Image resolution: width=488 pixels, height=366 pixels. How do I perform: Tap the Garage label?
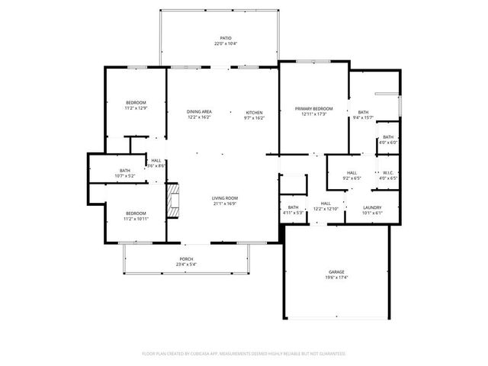click(337, 272)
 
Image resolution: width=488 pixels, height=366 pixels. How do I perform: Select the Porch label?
click(187, 259)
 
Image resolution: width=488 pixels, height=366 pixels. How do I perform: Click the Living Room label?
click(225, 198)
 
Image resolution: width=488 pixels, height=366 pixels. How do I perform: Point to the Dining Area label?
click(199, 112)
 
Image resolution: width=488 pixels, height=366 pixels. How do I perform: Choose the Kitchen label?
click(254, 112)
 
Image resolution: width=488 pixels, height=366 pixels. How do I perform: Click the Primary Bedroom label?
click(314, 109)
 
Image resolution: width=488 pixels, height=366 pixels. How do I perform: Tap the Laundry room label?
click(372, 207)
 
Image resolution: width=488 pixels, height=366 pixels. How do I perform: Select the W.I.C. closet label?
click(388, 172)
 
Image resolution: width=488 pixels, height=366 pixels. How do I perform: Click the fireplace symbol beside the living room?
click(174, 200)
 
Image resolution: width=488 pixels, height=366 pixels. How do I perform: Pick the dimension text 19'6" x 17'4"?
click(337, 278)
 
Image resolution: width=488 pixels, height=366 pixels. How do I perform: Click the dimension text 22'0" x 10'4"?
click(226, 43)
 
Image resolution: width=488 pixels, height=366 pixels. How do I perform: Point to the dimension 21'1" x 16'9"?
click(225, 204)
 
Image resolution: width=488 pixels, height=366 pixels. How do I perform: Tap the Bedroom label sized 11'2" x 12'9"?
click(136, 102)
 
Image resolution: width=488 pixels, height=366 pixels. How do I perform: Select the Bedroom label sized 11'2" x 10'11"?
click(136, 213)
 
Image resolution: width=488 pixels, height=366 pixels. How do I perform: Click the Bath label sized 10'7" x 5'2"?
click(125, 170)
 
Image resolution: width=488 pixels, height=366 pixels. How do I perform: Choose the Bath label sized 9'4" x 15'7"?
click(363, 112)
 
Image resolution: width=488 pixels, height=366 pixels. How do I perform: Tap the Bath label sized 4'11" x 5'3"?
click(294, 207)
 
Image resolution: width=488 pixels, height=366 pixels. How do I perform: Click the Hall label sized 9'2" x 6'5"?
click(352, 172)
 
